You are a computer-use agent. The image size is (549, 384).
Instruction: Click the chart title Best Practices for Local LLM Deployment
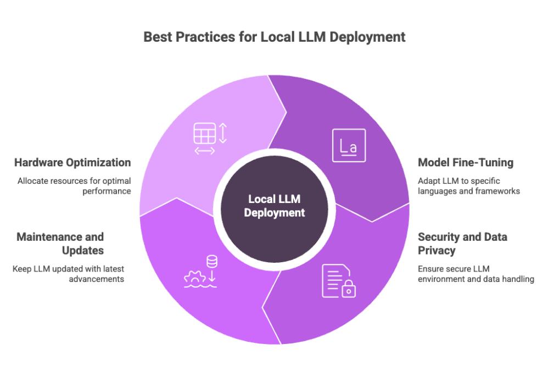tap(274, 37)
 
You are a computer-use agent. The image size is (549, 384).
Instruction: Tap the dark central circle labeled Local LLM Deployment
tap(274, 209)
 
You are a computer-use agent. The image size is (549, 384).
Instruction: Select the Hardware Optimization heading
tap(72, 162)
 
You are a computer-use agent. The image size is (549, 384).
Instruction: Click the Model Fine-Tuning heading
tap(466, 162)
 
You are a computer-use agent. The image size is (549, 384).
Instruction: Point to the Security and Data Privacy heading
tap(462, 244)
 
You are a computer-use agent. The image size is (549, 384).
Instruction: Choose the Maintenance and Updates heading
tap(60, 244)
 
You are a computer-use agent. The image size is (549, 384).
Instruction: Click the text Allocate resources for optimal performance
tap(74, 186)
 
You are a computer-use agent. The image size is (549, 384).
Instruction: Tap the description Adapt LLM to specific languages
tap(469, 186)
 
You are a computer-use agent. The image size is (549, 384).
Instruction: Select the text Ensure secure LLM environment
tap(476, 274)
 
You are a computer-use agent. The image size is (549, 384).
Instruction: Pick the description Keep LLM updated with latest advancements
tap(68, 274)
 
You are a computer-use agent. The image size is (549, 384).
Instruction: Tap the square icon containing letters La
tap(349, 145)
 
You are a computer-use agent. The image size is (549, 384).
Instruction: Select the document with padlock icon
tap(339, 281)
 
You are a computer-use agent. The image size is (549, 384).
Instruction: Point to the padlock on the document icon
tap(349, 289)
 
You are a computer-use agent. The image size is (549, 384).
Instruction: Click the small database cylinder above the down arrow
tap(212, 261)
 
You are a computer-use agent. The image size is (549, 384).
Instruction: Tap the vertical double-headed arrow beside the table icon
tap(223, 133)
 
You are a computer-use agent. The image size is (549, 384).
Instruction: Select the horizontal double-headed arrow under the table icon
tap(204, 151)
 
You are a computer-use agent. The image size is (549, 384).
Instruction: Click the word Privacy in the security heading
tap(436, 251)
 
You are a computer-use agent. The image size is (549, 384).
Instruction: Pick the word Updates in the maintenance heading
tap(83, 251)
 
